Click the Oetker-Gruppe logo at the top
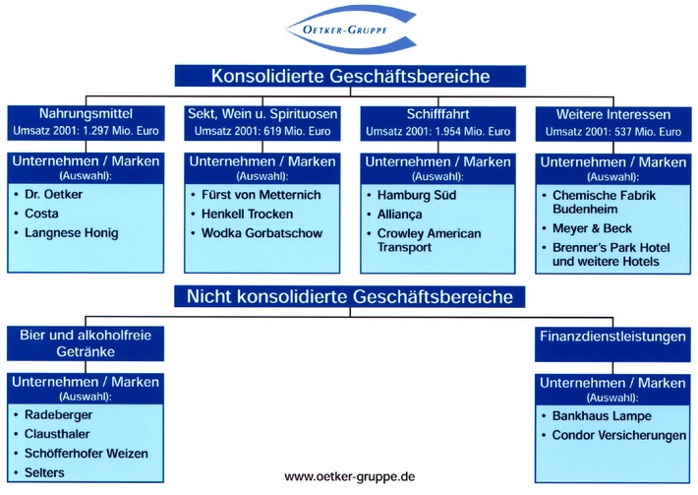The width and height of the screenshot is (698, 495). (349, 30)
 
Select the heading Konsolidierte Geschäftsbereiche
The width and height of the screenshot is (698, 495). (349, 76)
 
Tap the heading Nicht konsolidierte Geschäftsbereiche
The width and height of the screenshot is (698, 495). (349, 295)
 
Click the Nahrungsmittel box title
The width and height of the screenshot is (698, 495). (87, 114)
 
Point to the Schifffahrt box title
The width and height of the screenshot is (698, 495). (437, 114)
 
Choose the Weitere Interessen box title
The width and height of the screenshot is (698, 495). (611, 114)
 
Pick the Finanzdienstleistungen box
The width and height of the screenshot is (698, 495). (611, 337)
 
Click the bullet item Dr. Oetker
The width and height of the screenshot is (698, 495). (59, 195)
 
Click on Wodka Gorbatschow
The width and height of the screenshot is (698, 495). (261, 233)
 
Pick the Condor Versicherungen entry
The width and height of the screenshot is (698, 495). (617, 434)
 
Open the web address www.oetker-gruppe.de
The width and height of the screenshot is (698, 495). (349, 476)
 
